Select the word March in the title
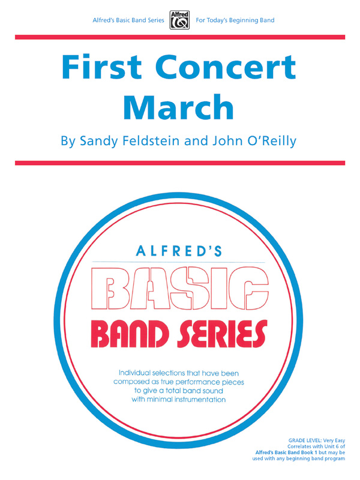point(179,107)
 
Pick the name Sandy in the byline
point(98,143)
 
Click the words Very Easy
point(334,440)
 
